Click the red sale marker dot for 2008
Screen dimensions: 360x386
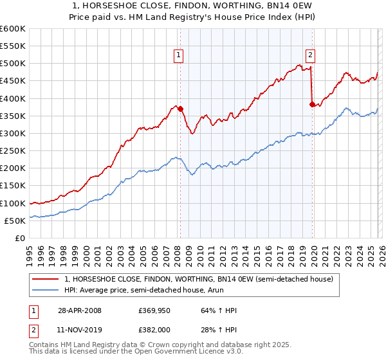pos(181,109)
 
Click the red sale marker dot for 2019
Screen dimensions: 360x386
pos(313,105)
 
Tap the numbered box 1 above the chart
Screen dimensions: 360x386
pos(178,55)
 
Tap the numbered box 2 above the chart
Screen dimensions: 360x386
pos(310,55)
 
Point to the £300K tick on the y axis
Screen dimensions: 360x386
pos(13,134)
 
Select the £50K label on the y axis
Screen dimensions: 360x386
pos(15,221)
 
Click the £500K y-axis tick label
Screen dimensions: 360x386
pos(13,64)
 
